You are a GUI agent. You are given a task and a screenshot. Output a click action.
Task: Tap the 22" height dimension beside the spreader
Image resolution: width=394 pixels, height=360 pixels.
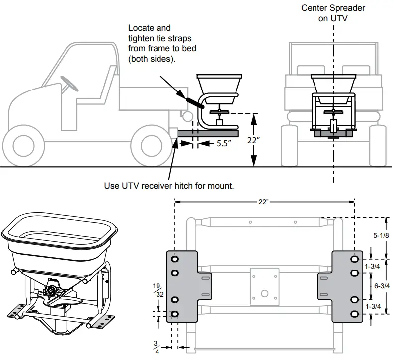[x=253, y=140]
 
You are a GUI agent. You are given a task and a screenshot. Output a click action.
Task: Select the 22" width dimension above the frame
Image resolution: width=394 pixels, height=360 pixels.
[x=264, y=202]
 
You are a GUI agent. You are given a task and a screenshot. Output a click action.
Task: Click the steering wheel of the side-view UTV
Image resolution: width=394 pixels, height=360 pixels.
[x=69, y=82]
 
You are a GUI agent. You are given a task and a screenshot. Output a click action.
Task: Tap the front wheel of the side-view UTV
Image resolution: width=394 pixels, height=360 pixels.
[x=25, y=145]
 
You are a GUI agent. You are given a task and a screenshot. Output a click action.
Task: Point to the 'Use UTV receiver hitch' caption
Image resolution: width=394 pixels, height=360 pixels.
[x=168, y=186]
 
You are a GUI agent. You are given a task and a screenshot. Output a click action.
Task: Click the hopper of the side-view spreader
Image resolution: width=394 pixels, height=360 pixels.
[x=219, y=83]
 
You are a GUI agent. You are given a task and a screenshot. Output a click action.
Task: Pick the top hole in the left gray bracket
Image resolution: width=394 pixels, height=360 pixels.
[x=175, y=260]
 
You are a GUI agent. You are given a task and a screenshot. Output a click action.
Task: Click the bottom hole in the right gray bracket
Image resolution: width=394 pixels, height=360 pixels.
[x=354, y=314]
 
